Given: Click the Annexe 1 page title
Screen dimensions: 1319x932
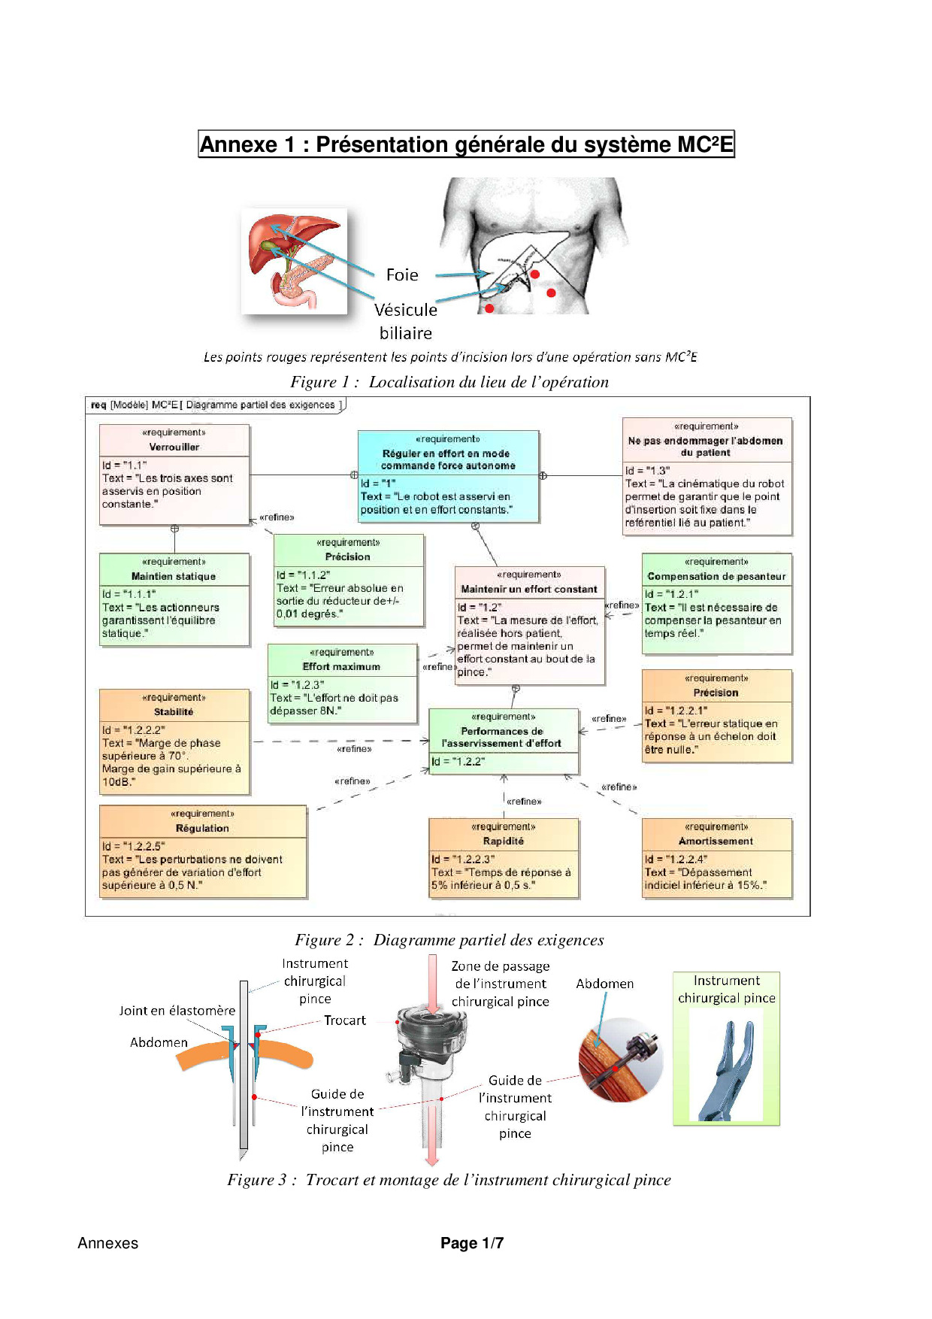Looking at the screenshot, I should tap(466, 144).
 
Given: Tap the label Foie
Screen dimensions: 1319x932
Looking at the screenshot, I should tap(402, 275).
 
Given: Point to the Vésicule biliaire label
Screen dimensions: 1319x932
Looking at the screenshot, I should tap(406, 321).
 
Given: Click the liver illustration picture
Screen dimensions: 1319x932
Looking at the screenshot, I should tap(295, 260).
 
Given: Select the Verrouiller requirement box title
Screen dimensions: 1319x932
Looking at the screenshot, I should tap(174, 447).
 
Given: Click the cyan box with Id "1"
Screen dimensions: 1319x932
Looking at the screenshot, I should tap(448, 477).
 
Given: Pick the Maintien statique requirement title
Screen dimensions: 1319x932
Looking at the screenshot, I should tap(174, 576).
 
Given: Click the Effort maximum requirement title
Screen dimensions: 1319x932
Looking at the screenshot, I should tap(341, 666).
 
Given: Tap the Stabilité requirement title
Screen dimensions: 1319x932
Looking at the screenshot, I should tap(174, 711).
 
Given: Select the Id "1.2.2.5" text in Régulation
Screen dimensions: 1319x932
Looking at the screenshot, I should tap(134, 846).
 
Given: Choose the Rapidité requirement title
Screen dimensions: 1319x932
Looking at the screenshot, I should tap(504, 841).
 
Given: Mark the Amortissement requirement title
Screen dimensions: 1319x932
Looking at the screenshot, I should tap(716, 841).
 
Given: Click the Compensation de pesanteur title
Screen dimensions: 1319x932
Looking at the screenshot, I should tap(716, 576).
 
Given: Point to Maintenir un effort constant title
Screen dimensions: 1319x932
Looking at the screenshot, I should tap(529, 589).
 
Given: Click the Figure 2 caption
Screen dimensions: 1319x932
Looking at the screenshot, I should tap(449, 940).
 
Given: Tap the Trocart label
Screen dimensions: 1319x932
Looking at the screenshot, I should tap(345, 1020).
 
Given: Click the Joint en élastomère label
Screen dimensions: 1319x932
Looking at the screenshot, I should tap(177, 1011).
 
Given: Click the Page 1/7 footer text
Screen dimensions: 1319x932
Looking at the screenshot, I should tap(472, 1243).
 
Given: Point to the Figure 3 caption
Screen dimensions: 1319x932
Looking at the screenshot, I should tap(449, 1180).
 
